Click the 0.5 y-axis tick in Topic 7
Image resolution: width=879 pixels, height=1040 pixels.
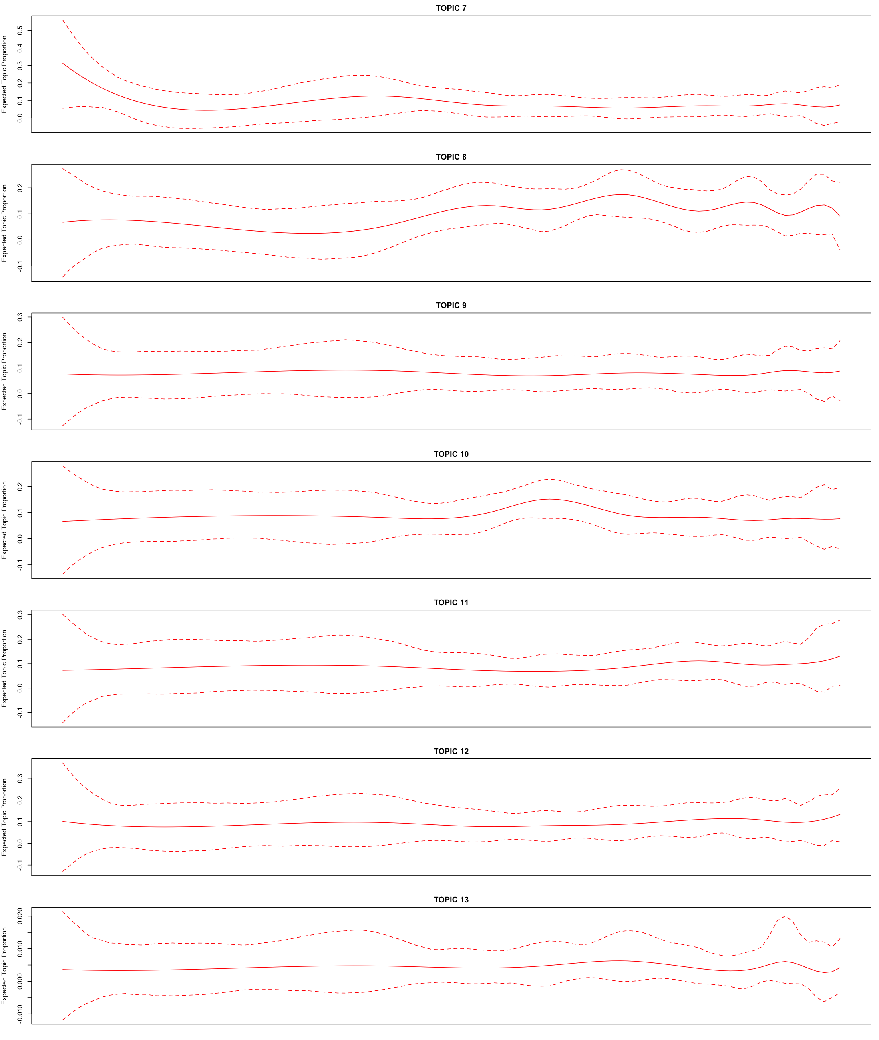[x=20, y=30]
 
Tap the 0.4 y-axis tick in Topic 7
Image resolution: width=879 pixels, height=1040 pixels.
[x=20, y=48]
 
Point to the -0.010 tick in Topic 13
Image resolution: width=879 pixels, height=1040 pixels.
[x=20, y=1014]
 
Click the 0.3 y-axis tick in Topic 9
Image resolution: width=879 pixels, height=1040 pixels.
[x=20, y=317]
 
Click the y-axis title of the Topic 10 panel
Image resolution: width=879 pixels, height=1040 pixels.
[x=4, y=520]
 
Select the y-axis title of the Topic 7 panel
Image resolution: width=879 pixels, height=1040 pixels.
[x=4, y=74]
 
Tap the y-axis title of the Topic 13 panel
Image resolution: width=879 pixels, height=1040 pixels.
[x=4, y=966]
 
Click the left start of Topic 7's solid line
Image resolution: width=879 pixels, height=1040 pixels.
[x=63, y=63]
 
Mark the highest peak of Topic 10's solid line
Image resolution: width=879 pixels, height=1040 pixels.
[x=549, y=499]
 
